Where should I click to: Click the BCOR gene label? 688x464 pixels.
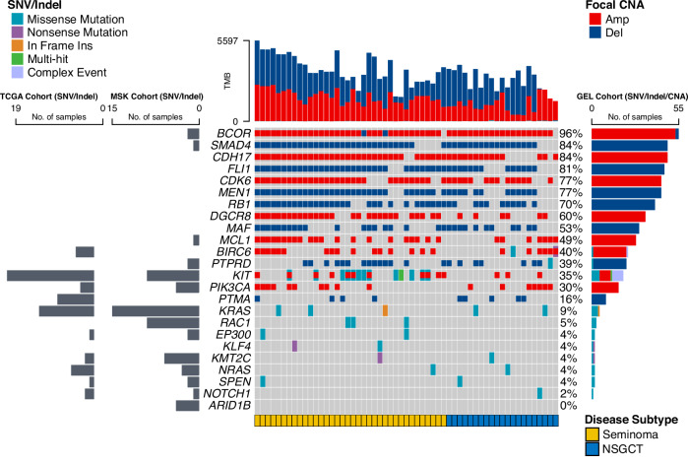pyautogui.click(x=228, y=133)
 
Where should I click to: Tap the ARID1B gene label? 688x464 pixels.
pyautogui.click(x=225, y=405)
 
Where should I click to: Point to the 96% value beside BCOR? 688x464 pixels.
pyautogui.click(x=571, y=133)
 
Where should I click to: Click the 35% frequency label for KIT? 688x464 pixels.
pyautogui.click(x=571, y=275)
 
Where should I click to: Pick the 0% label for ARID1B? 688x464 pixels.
pyautogui.click(x=568, y=405)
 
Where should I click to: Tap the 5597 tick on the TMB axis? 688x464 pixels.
pyautogui.click(x=227, y=41)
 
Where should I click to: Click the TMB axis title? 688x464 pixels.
pyautogui.click(x=225, y=82)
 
